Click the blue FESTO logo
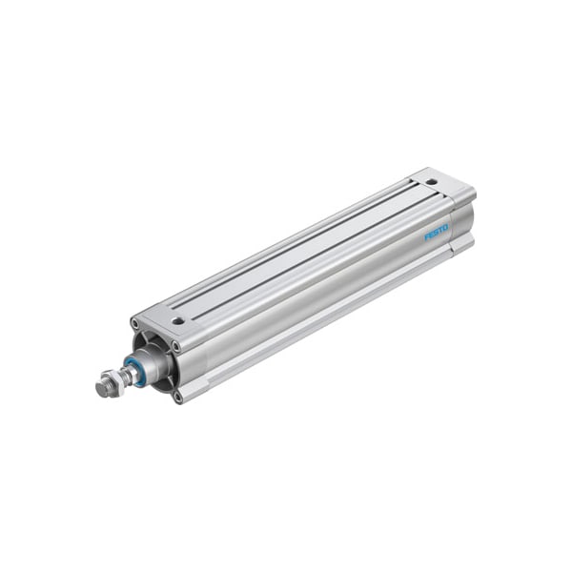[436, 232]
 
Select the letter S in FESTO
[436, 232]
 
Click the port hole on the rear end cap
[431, 181]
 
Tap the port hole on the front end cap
[177, 320]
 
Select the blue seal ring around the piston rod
[139, 369]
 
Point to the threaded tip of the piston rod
[99, 389]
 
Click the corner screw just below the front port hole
[174, 346]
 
